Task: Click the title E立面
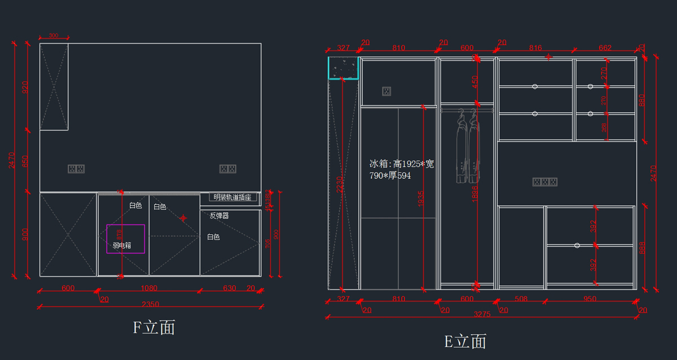pos(465,341)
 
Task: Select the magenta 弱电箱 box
pos(126,239)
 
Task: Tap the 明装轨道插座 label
pos(233,197)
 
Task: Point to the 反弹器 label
pos(219,216)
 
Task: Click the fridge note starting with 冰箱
pos(402,169)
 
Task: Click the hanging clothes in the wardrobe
pos(468,147)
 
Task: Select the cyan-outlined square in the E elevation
pos(344,68)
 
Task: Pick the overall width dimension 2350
pos(150,305)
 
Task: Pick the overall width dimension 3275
pos(482,314)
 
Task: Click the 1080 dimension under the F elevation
pos(148,288)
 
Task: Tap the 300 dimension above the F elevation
pos(54,36)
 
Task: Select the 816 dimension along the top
pos(535,49)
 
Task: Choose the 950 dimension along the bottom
pos(590,298)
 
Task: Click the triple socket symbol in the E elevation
pos(545,182)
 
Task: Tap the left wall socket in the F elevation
pos(76,169)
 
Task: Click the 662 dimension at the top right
pos(605,49)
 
